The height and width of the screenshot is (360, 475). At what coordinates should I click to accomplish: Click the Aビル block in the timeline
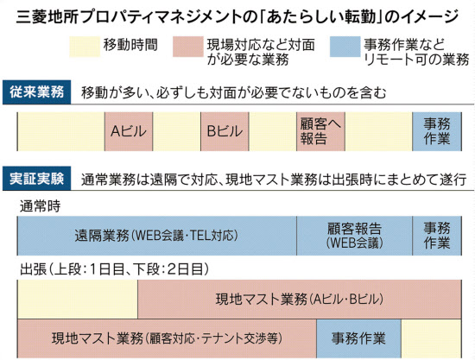click(x=129, y=131)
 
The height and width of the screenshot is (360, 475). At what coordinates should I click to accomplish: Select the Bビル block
click(x=225, y=131)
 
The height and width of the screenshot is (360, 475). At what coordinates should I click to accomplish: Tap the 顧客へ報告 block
click(x=320, y=131)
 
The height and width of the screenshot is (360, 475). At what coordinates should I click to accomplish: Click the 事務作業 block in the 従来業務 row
click(x=437, y=131)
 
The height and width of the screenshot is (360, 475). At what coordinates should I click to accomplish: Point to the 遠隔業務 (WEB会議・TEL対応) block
click(x=157, y=236)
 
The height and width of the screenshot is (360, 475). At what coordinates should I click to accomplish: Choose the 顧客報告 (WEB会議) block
click(x=354, y=236)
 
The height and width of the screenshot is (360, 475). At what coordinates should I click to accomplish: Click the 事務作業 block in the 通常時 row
click(x=437, y=236)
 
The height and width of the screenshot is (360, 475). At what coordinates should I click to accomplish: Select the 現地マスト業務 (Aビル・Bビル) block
click(x=300, y=300)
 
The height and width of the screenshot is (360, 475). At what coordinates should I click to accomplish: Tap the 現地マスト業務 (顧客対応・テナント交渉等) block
click(x=167, y=338)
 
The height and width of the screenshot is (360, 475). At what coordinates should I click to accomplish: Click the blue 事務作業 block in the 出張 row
click(x=359, y=338)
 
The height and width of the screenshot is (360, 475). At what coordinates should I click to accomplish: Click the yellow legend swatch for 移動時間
click(x=85, y=47)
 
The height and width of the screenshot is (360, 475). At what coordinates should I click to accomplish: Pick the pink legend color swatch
click(x=188, y=47)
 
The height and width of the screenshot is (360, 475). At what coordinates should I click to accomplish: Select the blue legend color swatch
click(x=345, y=47)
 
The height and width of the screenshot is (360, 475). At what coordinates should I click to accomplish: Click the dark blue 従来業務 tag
click(x=36, y=92)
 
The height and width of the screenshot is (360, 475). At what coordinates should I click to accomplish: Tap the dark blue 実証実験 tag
click(x=36, y=179)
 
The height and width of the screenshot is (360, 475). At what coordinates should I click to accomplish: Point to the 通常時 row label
click(x=40, y=206)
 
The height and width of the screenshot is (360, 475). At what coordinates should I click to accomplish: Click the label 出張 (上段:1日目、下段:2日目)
click(x=115, y=269)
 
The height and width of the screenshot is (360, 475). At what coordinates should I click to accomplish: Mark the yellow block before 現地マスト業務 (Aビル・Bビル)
click(x=78, y=300)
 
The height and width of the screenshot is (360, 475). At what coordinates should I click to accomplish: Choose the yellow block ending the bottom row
click(x=431, y=338)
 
